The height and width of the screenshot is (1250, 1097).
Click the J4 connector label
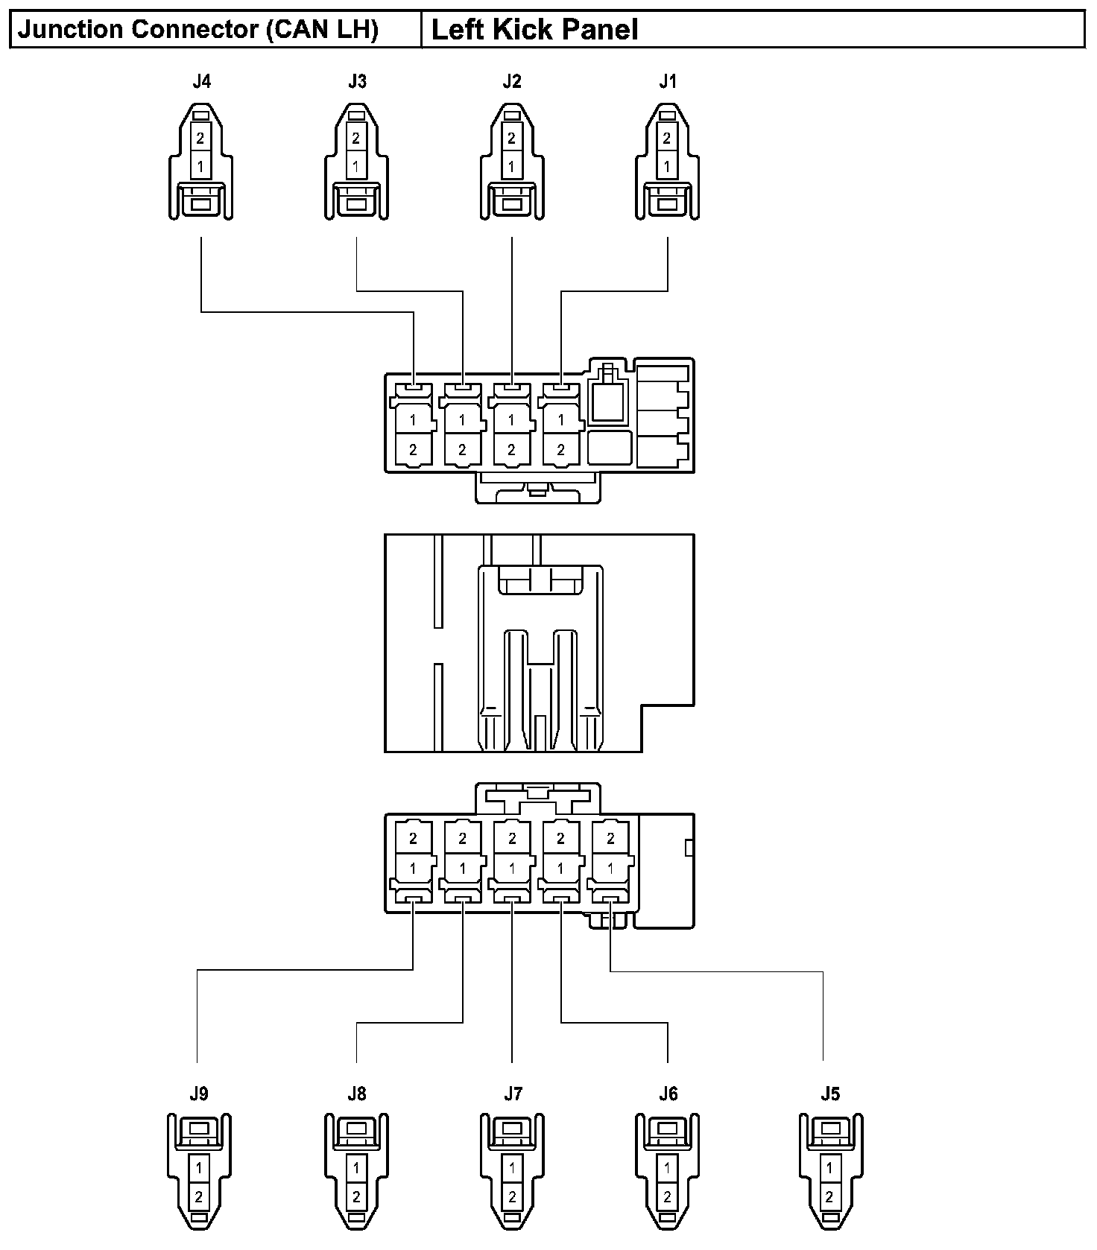pyautogui.click(x=201, y=81)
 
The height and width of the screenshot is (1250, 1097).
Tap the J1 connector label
pyautogui.click(x=668, y=81)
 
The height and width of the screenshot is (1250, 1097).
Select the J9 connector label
pyautogui.click(x=198, y=1094)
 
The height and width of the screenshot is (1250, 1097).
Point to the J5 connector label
pyautogui.click(x=830, y=1094)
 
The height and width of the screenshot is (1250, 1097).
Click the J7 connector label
pyautogui.click(x=513, y=1094)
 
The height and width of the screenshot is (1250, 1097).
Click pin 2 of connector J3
pyautogui.click(x=356, y=138)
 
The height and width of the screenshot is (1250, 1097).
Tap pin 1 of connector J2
pyautogui.click(x=511, y=166)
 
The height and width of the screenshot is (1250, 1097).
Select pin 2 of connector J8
pyautogui.click(x=356, y=1197)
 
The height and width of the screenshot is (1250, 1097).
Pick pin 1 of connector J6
pyautogui.click(x=668, y=1169)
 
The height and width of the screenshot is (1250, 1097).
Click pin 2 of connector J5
pyautogui.click(x=830, y=1197)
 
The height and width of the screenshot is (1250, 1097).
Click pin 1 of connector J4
pyautogui.click(x=201, y=166)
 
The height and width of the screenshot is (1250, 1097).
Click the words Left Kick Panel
pyautogui.click(x=534, y=30)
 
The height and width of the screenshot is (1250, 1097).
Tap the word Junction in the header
pyautogui.click(x=70, y=30)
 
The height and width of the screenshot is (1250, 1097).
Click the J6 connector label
pyautogui.click(x=668, y=1094)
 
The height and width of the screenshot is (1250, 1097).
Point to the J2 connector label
pyautogui.click(x=512, y=81)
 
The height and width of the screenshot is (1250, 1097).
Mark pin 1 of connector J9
pyautogui.click(x=199, y=1169)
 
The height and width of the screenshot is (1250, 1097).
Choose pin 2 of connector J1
pyautogui.click(x=667, y=138)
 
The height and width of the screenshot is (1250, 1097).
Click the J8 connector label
pyautogui.click(x=357, y=1094)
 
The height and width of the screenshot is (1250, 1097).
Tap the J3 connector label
pyautogui.click(x=357, y=81)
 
